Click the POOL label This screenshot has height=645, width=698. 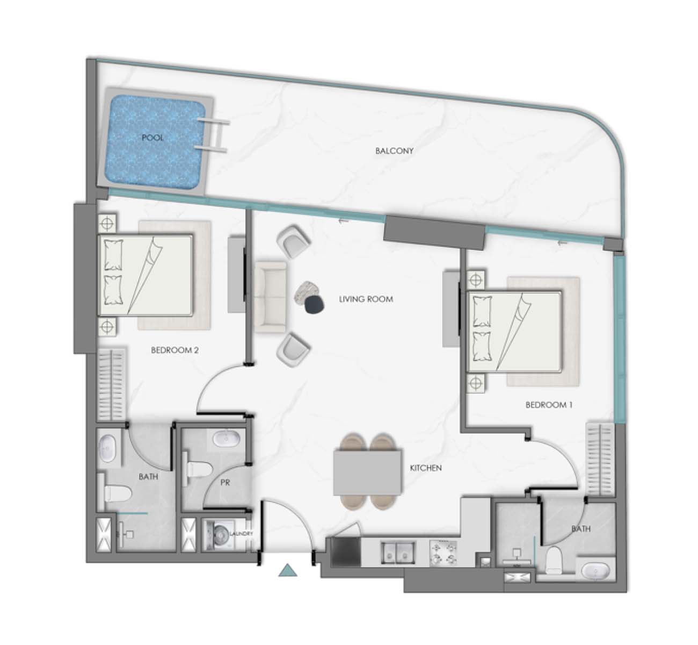pos(152,138)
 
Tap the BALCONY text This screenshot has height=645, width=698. pos(394,151)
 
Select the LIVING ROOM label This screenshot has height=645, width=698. pos(366,299)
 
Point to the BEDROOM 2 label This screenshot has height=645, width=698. pos(174,350)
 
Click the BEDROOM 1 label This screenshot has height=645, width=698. pos(549,405)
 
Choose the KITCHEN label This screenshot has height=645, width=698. pos(426,468)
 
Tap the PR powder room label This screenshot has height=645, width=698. pos(226,483)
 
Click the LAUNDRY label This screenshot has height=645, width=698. pos(241,534)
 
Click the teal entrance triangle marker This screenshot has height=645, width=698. pos(287,570)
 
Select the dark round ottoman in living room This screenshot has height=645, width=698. pos(315,305)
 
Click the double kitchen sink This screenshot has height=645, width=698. pos(398,553)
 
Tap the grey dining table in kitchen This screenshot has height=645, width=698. pos(367,472)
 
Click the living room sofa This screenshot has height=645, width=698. pos(270,297)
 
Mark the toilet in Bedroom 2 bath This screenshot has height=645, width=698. pos(118,493)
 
